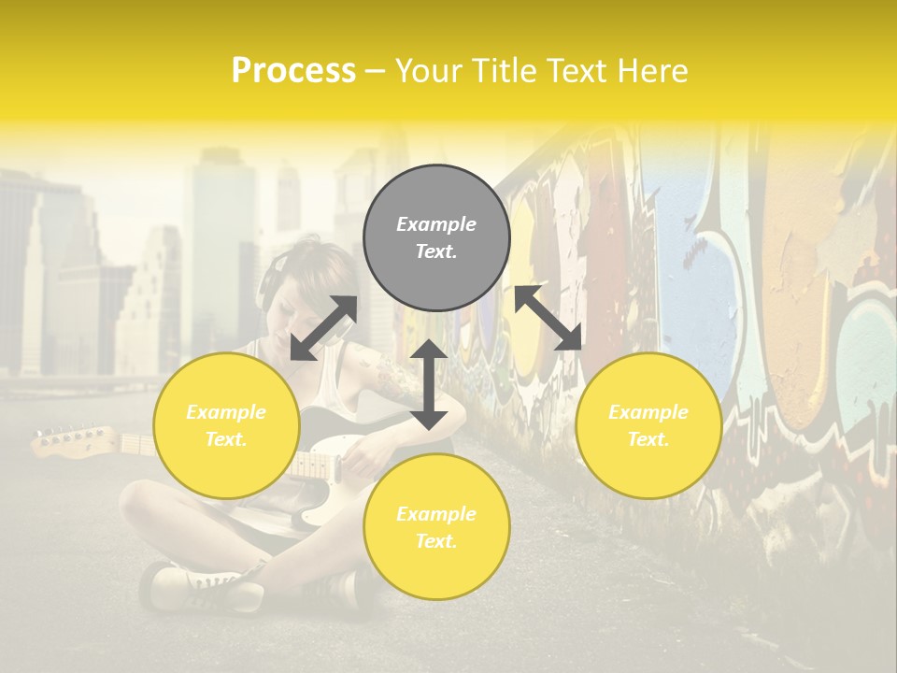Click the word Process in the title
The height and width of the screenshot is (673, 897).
point(293,70)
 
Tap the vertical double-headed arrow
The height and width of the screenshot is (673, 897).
point(429,384)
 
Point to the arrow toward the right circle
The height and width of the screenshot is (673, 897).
point(548,318)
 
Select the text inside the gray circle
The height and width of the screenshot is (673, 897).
point(436,237)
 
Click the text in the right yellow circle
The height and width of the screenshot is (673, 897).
point(648,425)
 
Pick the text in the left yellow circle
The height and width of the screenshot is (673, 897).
point(226,425)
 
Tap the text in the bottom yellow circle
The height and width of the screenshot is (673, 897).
point(436,527)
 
